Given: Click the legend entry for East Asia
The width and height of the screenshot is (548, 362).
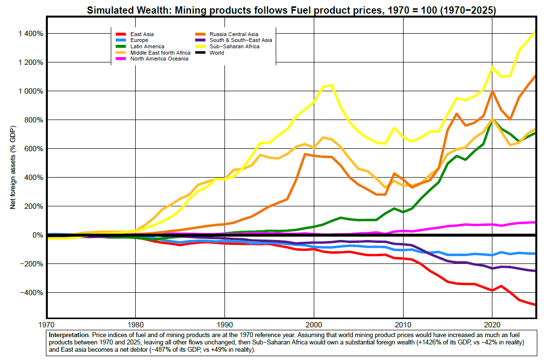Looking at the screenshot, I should click(x=142, y=34).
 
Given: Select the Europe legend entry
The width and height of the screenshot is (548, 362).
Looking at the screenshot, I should click(x=139, y=40).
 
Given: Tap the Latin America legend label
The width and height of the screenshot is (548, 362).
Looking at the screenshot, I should click(x=147, y=46).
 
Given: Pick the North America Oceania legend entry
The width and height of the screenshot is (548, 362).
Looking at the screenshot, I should click(x=159, y=59).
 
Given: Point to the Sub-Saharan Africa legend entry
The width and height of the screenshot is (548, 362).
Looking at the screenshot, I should click(x=234, y=46).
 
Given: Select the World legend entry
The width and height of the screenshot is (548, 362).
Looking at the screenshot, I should click(x=217, y=53).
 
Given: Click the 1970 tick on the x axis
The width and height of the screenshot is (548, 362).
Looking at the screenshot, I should click(x=47, y=324).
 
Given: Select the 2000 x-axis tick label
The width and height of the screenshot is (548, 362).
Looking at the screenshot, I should click(x=314, y=324).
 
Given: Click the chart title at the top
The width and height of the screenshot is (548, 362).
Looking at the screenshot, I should click(x=291, y=9).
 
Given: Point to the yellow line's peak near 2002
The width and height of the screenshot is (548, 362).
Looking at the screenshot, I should click(x=332, y=85).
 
